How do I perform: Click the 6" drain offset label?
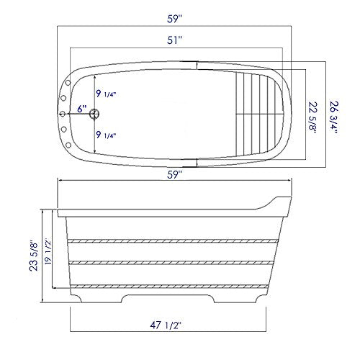click(82, 109)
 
